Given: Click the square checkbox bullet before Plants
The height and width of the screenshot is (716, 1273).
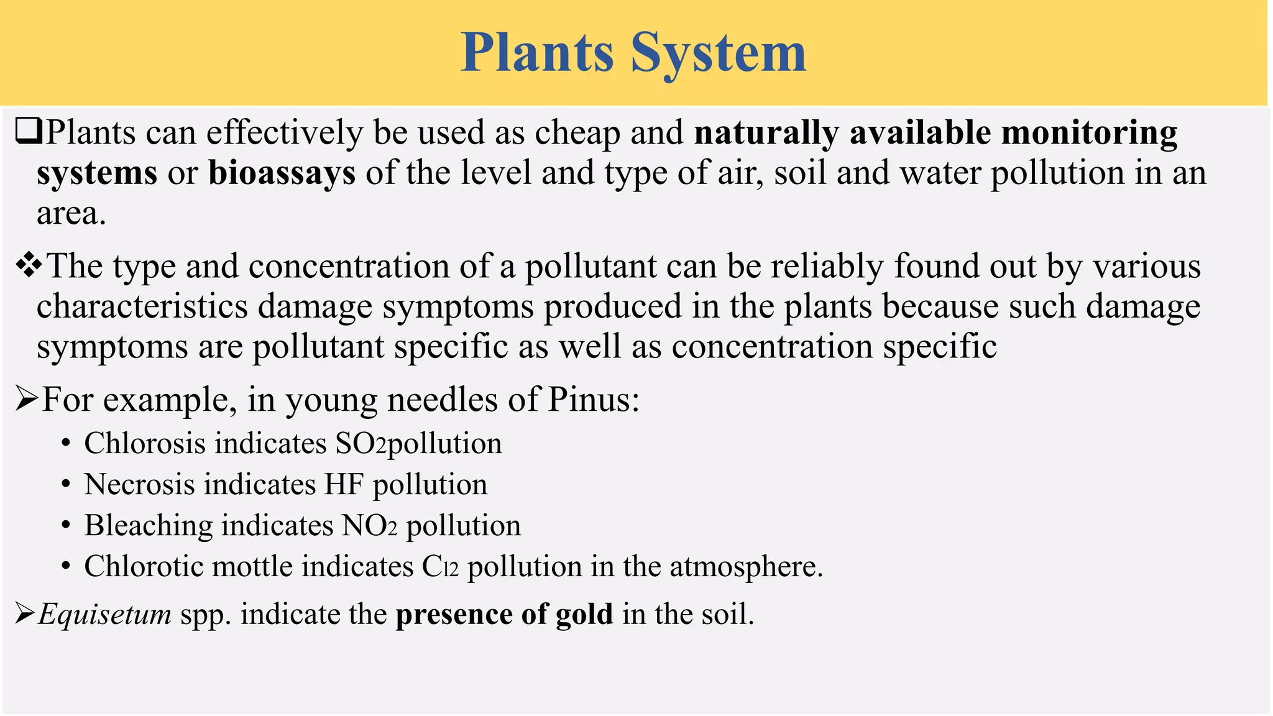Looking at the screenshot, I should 28,132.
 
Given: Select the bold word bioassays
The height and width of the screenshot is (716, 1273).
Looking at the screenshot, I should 282,173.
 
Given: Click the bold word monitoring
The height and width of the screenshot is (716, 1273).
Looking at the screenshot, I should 1090,134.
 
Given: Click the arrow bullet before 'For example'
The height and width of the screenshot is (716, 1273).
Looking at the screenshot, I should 26,400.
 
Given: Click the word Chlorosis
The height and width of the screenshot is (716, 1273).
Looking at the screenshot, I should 145,444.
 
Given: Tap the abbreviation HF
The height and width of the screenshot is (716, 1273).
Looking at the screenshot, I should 344,485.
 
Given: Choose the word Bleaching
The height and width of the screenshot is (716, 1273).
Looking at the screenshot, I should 148,526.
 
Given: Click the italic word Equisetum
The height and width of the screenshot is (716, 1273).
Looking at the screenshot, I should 104,615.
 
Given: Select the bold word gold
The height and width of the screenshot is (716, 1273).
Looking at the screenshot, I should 584,615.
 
